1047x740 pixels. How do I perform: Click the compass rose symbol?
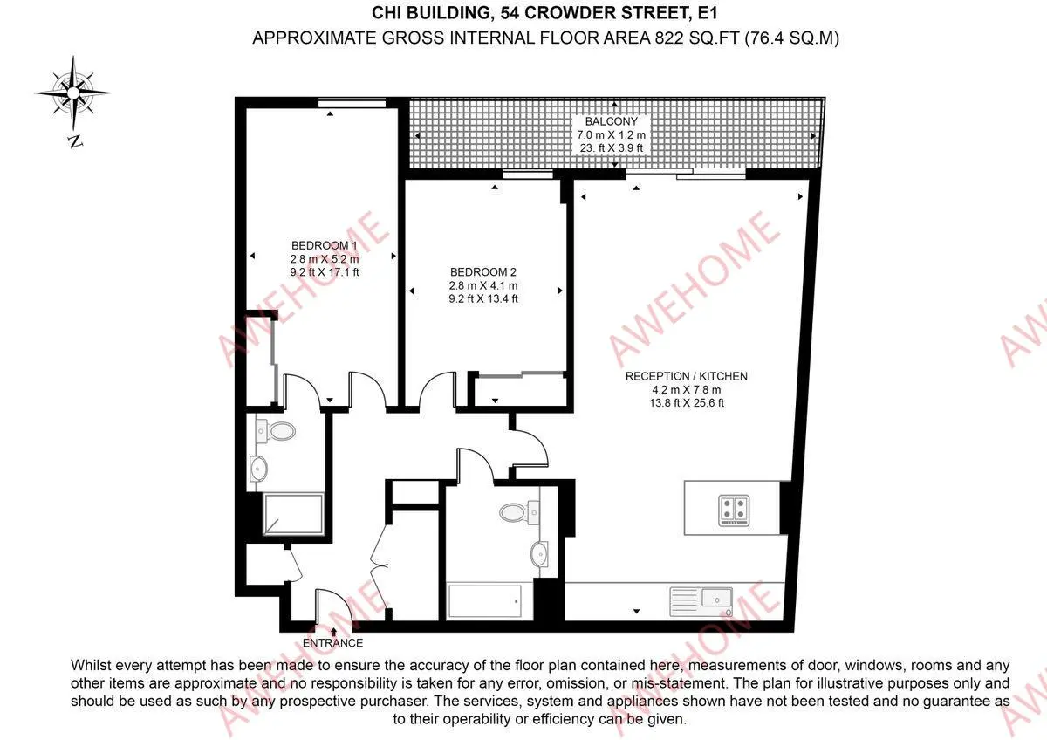[x=73, y=93]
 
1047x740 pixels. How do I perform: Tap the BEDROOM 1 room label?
[x=324, y=245]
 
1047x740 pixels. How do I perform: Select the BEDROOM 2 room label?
[x=482, y=272]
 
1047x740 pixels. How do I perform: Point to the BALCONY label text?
[x=612, y=121]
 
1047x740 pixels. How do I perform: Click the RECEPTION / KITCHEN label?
[x=686, y=376]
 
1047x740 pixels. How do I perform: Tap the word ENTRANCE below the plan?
[x=332, y=643]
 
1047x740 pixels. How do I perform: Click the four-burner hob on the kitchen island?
[x=734, y=509]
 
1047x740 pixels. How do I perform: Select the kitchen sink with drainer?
[x=701, y=601]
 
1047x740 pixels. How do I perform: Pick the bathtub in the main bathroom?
[x=485, y=600]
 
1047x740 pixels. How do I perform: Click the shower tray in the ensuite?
[x=293, y=514]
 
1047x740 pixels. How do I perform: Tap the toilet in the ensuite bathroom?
[x=276, y=430]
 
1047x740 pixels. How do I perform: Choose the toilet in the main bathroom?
[x=520, y=512]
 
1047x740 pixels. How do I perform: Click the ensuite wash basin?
[x=258, y=468]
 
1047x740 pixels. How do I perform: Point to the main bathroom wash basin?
[x=539, y=554]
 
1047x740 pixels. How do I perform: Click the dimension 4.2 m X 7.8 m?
[x=686, y=390]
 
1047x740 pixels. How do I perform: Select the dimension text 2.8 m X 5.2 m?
[x=325, y=259]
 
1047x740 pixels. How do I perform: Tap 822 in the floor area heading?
[x=669, y=38]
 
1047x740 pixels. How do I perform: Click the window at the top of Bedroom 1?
[x=352, y=103]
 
